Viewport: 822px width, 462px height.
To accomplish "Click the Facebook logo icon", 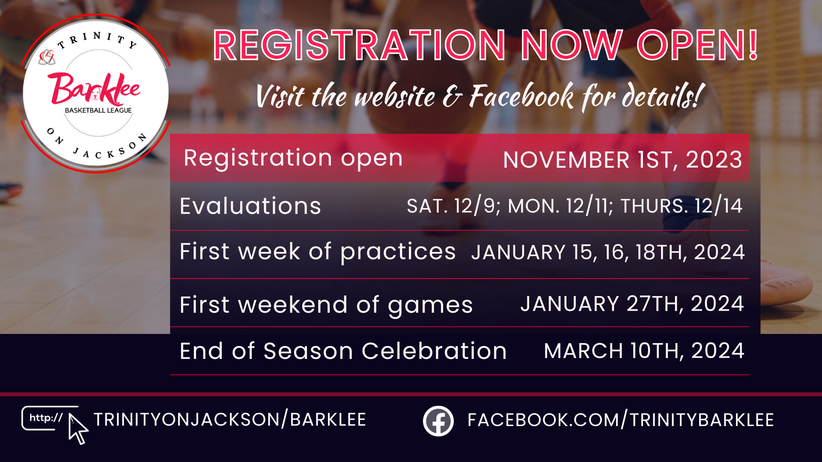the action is coord(438,421).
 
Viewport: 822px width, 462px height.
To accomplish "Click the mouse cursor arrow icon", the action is coord(78,429).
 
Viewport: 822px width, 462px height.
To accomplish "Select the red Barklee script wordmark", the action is coord(95,89).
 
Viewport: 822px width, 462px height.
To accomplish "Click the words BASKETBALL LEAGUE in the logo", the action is coord(98,110).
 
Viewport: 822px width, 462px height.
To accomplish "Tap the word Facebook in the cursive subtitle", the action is coord(522,96).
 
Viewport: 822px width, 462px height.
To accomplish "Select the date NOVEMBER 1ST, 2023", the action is coord(623,160).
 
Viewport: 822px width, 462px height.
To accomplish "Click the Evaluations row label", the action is coord(250,206).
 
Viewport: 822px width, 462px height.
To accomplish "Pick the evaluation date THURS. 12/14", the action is coord(682,206).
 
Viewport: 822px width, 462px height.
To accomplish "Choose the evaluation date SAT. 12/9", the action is coord(453,206).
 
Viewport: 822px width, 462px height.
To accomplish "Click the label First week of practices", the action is coord(318,252).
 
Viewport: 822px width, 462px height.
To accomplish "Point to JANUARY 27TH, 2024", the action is coord(632,304).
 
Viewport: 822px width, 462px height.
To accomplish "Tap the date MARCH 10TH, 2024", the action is coord(644,351).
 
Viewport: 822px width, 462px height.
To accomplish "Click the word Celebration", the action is coord(434,351).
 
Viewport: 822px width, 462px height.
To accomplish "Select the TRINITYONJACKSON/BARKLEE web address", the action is coord(230,420).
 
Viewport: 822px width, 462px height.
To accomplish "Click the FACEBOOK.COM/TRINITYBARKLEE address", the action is coord(621,420).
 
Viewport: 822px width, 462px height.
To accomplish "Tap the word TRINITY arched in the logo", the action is coord(98,40).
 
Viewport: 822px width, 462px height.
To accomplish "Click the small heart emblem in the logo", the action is coord(47,57).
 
